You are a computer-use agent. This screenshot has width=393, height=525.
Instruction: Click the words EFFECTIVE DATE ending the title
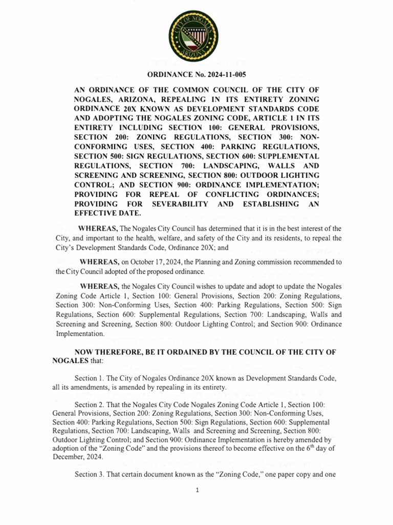pos(107,213)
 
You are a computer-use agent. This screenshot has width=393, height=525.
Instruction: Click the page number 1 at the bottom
pos(196,490)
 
